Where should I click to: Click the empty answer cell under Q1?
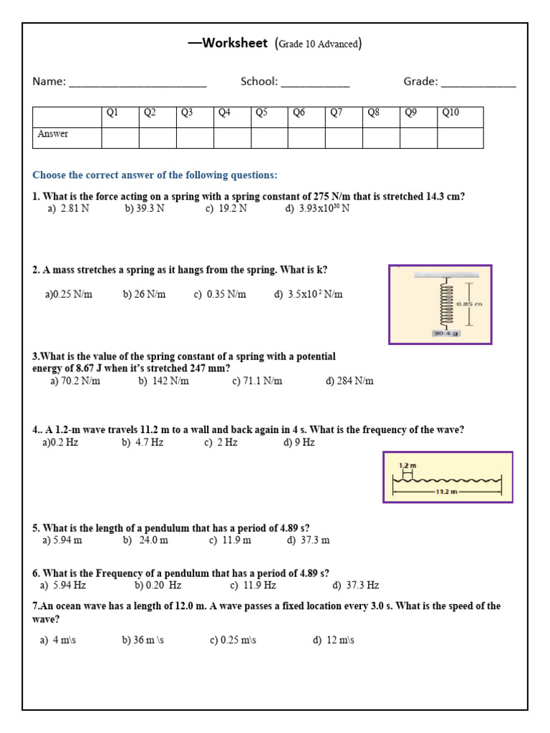120,137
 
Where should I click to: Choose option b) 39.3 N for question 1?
145,209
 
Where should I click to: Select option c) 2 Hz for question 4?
221,442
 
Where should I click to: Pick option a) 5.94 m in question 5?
62,540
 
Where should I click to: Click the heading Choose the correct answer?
155,175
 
